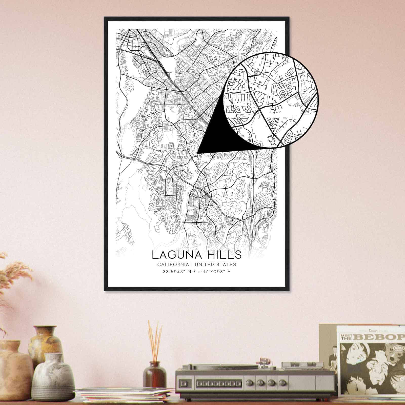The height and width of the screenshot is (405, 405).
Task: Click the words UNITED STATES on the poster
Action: point(215,265)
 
